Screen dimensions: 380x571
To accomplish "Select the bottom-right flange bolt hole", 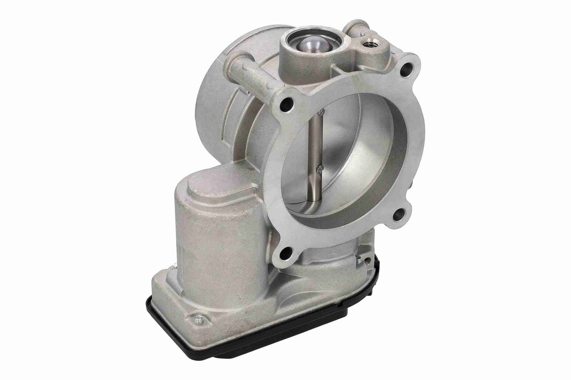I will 399,215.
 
